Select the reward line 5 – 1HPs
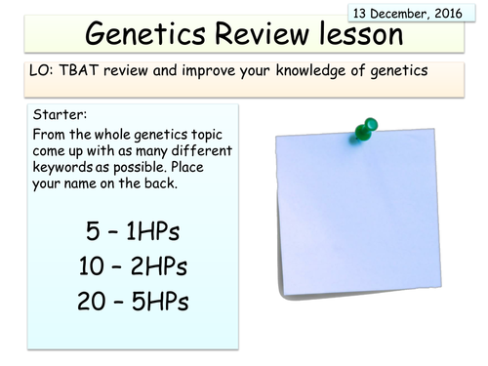click(134, 231)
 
